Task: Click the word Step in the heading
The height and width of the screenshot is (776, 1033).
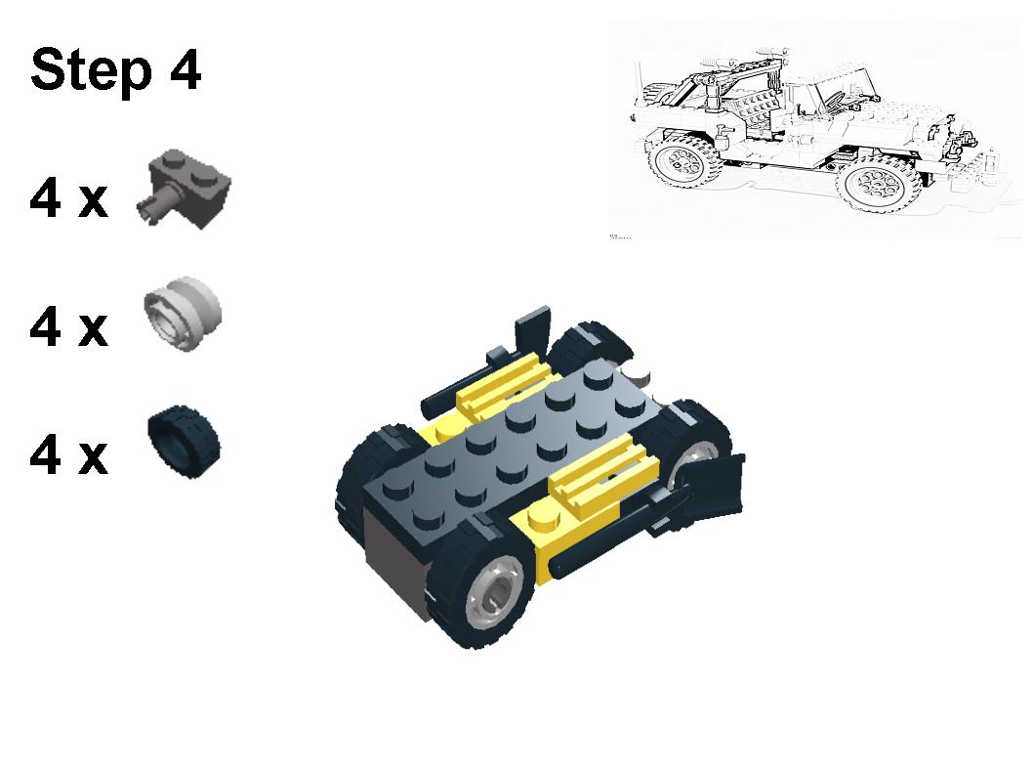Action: [91, 70]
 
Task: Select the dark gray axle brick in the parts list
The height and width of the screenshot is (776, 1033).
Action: [184, 189]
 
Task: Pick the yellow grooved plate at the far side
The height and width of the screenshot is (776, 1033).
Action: [505, 384]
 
